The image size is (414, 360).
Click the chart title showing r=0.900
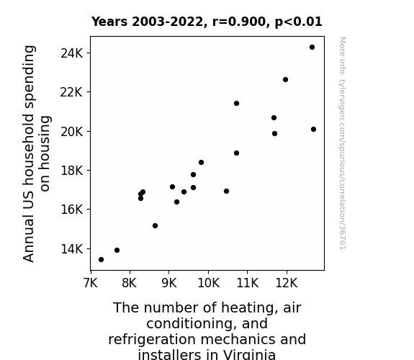click(207, 22)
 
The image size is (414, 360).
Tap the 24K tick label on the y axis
click(71, 53)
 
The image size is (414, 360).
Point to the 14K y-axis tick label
click(71, 249)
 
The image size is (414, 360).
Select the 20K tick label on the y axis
click(71, 132)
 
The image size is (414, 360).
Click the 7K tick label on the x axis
click(91, 283)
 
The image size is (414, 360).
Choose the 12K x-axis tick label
click(287, 283)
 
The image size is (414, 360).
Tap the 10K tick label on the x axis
click(208, 283)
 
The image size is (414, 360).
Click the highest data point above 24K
click(312, 48)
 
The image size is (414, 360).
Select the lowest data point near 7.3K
click(101, 260)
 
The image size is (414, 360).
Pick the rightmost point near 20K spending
click(313, 129)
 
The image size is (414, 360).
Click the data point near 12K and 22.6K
click(285, 79)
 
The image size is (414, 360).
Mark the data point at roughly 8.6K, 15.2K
click(155, 225)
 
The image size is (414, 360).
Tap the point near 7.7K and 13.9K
click(117, 250)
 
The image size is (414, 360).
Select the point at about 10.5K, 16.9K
click(226, 191)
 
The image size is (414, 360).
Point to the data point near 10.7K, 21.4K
click(236, 103)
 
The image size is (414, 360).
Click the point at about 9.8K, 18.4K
click(201, 162)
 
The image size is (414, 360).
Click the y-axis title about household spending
click(37, 153)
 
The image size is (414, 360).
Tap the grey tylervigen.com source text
click(342, 143)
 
